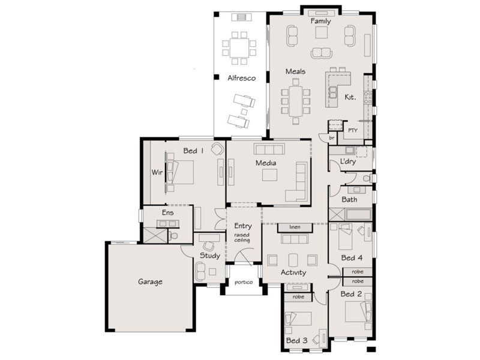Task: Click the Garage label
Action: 150,281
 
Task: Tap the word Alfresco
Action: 241,78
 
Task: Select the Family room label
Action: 320,22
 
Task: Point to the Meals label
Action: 295,71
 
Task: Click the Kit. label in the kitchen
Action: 350,97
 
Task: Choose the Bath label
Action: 349,199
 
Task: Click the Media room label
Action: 266,163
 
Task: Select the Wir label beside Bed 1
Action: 157,172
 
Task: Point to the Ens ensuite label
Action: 168,212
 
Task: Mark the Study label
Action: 209,256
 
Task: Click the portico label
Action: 243,283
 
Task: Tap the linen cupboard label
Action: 294,227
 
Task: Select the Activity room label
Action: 293,272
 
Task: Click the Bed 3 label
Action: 297,341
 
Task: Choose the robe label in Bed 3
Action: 298,297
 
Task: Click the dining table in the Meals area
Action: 295,101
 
